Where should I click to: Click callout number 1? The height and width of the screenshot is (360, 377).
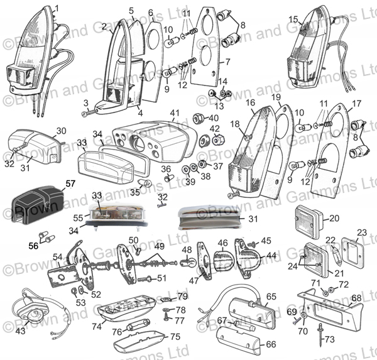58,8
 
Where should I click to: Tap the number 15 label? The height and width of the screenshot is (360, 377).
293,19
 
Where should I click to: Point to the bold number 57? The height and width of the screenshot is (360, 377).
70,185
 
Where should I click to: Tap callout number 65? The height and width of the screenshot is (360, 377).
271,296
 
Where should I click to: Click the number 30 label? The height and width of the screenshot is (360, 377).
60,131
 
